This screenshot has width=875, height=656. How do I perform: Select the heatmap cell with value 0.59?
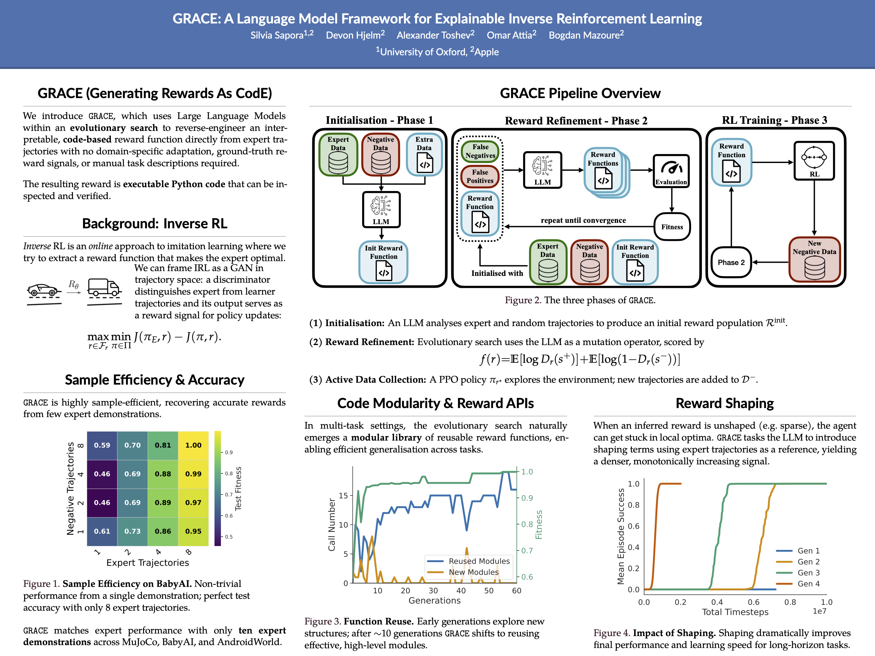tap(102, 445)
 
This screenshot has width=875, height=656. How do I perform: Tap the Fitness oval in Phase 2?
tap(672, 227)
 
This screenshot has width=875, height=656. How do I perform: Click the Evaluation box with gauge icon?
tap(671, 170)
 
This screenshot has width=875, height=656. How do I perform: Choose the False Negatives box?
tap(480, 151)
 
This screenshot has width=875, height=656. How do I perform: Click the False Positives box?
tap(480, 177)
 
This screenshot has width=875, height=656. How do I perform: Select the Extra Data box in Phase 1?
tap(424, 155)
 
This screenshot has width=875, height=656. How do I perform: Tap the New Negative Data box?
tap(814, 259)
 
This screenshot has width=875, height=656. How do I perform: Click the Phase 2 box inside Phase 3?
tap(731, 262)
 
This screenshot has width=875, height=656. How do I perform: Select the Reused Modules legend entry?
tap(479, 561)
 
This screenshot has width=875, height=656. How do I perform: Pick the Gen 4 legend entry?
tap(808, 584)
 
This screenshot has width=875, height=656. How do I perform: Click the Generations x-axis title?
tap(434, 601)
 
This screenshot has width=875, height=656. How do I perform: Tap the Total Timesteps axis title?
tap(735, 612)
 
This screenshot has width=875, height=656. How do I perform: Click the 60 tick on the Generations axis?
tap(517, 591)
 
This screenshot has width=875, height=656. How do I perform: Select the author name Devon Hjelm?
tap(355, 35)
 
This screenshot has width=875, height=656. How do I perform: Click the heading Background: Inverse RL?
tap(155, 223)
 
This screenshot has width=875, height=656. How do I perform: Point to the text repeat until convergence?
tap(583, 220)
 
